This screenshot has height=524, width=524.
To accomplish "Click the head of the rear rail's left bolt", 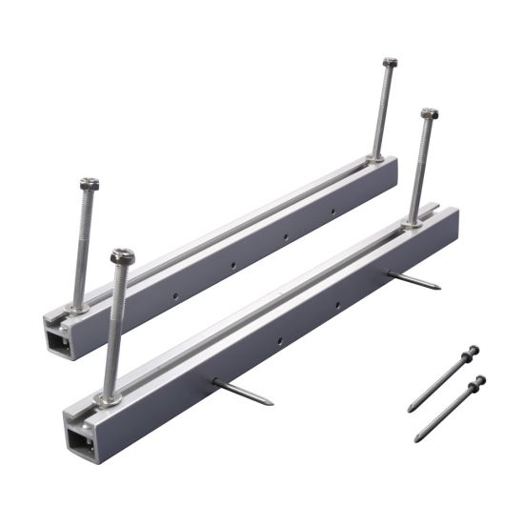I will coord(90,184).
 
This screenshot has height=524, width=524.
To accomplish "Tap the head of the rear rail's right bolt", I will coord(390,63).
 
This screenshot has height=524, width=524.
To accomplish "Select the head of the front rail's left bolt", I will coord(122,256).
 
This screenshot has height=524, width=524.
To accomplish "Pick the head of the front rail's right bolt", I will coord(429,113).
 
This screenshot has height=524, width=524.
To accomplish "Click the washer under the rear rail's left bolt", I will coord(77,307).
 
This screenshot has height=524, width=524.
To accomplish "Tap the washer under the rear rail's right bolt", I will coord(377,157).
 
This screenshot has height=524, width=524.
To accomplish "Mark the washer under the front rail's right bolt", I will coord(412,225).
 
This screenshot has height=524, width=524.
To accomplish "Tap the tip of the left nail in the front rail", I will coord(271,402).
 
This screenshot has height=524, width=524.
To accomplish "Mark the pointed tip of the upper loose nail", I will coord(409,411).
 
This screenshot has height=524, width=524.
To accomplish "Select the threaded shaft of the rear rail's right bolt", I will coord(383,110).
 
